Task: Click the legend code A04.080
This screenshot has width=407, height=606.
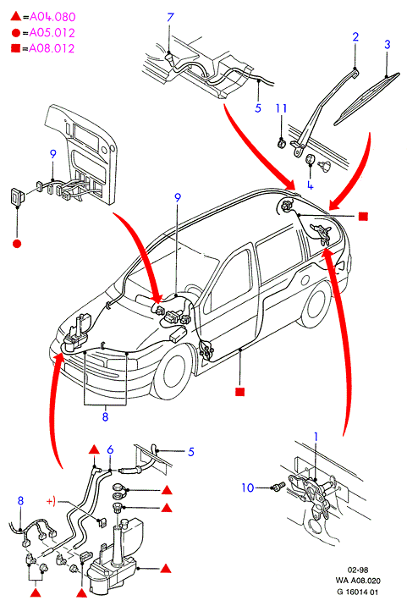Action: [x=52, y=17]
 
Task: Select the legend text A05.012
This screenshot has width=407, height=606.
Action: [x=52, y=32]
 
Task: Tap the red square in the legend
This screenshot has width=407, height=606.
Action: [x=15, y=48]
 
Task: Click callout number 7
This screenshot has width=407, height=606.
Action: [x=170, y=18]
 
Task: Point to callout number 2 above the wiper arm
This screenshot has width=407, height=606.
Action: [x=355, y=36]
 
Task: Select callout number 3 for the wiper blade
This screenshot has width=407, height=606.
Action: [x=388, y=45]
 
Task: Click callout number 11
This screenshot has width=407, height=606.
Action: [x=281, y=108]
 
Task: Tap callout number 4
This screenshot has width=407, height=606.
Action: [x=310, y=185]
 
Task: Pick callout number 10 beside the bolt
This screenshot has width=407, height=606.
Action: [x=247, y=488]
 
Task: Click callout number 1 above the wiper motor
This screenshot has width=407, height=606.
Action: [x=316, y=437]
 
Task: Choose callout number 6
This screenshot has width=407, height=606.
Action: [x=110, y=450]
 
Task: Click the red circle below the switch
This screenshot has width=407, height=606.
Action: [x=17, y=244]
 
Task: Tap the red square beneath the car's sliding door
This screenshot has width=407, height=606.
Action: [x=240, y=392]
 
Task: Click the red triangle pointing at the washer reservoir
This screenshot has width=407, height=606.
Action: [x=166, y=569]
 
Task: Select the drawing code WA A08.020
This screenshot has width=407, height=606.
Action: [x=358, y=581]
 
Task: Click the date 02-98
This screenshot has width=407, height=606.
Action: [x=358, y=570]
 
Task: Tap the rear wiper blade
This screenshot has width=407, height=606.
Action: [x=366, y=98]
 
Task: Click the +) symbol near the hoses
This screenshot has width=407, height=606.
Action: [x=51, y=501]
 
